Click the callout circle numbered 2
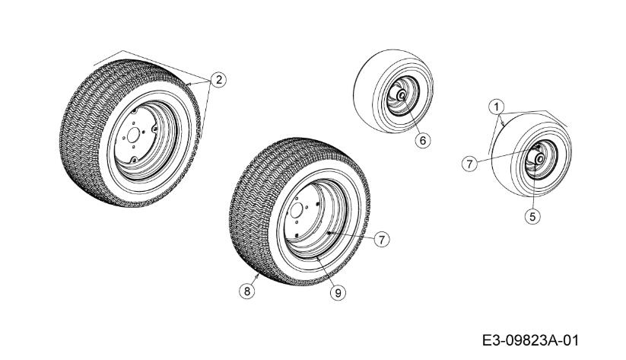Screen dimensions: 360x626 [x=218, y=80]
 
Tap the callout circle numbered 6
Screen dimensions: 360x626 [x=424, y=139]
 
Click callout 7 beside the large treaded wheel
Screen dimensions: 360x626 [x=381, y=239]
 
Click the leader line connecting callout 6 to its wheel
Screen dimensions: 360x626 [x=412, y=121]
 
